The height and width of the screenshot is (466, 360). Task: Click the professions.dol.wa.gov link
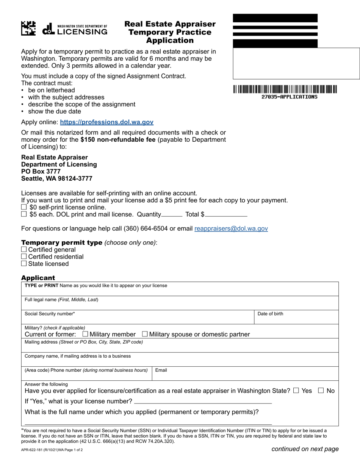(106, 122)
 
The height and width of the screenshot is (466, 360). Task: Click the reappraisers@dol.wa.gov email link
(231, 228)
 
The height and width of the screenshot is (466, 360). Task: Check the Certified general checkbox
(24, 250)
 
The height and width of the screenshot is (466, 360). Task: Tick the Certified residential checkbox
(24, 256)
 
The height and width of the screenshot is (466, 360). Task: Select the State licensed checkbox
(24, 264)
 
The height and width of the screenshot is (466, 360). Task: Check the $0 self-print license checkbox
(24, 207)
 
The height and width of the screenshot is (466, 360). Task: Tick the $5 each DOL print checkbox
(24, 214)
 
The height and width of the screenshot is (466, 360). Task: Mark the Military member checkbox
(85, 334)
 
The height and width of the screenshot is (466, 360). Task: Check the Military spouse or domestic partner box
(145, 334)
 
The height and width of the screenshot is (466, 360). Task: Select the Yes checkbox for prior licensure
(296, 391)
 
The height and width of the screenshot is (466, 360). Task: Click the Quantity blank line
(172, 215)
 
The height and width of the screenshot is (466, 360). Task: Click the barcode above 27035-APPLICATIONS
(285, 89)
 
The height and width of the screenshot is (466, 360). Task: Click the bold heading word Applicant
(38, 278)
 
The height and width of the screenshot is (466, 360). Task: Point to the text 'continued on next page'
(305, 449)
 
